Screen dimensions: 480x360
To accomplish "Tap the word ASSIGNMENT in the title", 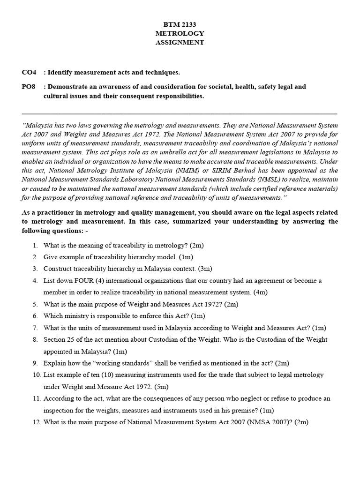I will click(x=180, y=42).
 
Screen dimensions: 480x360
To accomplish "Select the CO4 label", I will click(x=29, y=72).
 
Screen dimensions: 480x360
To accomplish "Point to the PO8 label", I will click(x=29, y=87).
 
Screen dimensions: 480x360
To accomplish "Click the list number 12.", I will click(x=37, y=421).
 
